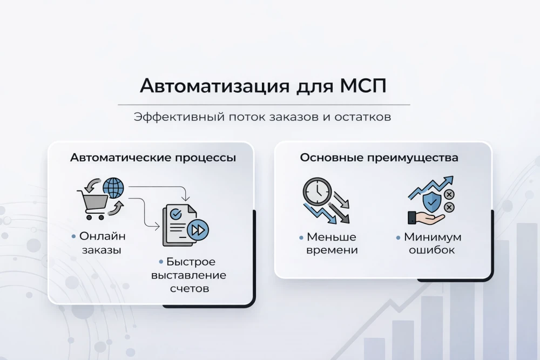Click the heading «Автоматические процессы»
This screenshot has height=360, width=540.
[153, 158]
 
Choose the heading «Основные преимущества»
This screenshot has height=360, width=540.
[379, 158]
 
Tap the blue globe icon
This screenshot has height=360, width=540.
[113, 188]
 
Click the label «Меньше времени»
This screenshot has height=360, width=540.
[332, 243]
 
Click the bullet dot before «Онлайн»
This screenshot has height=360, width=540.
[73, 236]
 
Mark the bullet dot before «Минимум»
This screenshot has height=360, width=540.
[399, 237]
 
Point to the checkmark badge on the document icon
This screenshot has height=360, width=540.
[175, 214]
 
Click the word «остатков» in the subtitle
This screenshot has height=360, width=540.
[366, 117]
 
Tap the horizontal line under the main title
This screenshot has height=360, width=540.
[264, 104]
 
